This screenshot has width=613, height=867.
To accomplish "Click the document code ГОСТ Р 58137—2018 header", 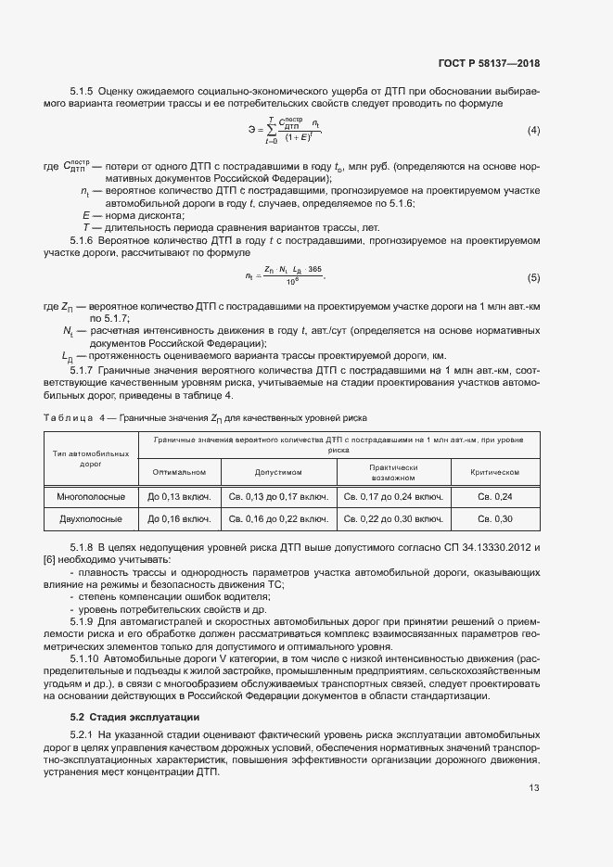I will (488, 64).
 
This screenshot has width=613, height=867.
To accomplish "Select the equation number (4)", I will (533, 130).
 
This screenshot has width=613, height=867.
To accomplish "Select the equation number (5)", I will (533, 277).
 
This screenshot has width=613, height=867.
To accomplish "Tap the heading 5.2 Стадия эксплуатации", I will (134, 718).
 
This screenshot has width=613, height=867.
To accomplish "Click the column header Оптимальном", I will (179, 472).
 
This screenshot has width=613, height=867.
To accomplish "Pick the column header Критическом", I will (494, 472).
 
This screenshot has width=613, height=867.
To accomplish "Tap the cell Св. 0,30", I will (494, 518).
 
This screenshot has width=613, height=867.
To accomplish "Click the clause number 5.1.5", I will (82, 91).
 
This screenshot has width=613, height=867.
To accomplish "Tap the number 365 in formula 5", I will (314, 269).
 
